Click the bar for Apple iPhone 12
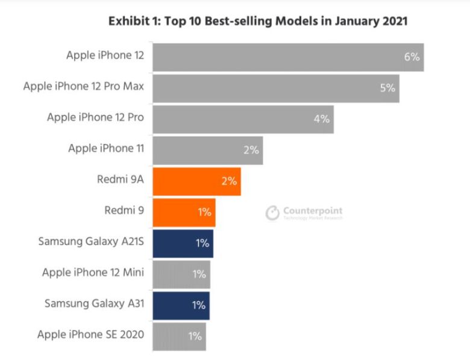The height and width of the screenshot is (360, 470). pos(288,57)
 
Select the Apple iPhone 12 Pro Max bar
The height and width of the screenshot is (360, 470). pos(275,88)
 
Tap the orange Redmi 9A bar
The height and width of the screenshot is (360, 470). pos(196,181)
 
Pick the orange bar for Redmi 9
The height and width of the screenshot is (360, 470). pos(184,212)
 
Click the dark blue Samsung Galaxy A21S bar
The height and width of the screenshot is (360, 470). pos(183,243)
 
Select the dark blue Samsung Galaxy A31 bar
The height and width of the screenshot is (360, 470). pos(181,305)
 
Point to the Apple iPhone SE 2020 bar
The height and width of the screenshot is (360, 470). pos(179,337)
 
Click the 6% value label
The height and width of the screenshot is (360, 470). pos(412,57)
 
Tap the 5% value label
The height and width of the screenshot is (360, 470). pos(387,88)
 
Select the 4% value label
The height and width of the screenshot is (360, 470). pos(322,119)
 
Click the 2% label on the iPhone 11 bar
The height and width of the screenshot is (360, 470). pos(251,150)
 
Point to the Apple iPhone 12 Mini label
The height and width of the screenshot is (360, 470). pos(93,273)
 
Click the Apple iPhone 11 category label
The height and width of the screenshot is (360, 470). pos(106,148)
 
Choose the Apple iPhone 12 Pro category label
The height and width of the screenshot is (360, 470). pos(95,117)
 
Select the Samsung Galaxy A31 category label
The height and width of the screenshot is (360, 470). pos(94,303)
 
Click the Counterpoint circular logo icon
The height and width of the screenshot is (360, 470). pos(273,213)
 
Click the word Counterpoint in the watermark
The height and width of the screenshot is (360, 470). pos(313,211)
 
